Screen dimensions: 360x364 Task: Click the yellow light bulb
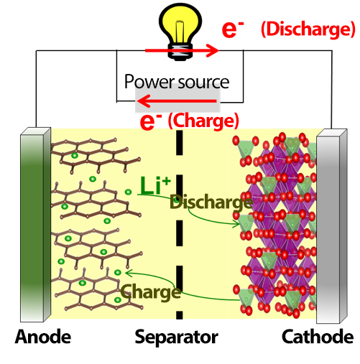[x=180, y=31]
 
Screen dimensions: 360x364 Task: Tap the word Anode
[x=43, y=337]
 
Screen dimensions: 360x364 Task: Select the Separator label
[x=176, y=337]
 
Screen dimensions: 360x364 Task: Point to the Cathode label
[x=318, y=337]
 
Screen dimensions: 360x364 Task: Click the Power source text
[x=177, y=82]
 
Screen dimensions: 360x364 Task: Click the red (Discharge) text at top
[x=308, y=29]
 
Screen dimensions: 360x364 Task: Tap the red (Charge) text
[x=203, y=121]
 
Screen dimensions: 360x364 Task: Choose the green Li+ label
[x=155, y=185]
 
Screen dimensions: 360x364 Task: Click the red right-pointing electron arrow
[x=182, y=50]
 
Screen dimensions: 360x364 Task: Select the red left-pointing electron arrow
[x=177, y=101]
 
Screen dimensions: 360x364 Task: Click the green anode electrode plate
[x=35, y=225]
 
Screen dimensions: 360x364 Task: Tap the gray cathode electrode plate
[x=332, y=226]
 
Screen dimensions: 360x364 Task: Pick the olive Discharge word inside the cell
[x=211, y=202]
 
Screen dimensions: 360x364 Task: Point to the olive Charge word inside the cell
[x=151, y=292]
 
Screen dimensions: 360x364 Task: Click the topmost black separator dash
[x=180, y=143]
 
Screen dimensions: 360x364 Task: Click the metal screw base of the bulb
[x=180, y=52]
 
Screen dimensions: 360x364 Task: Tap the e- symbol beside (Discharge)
[x=232, y=29]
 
